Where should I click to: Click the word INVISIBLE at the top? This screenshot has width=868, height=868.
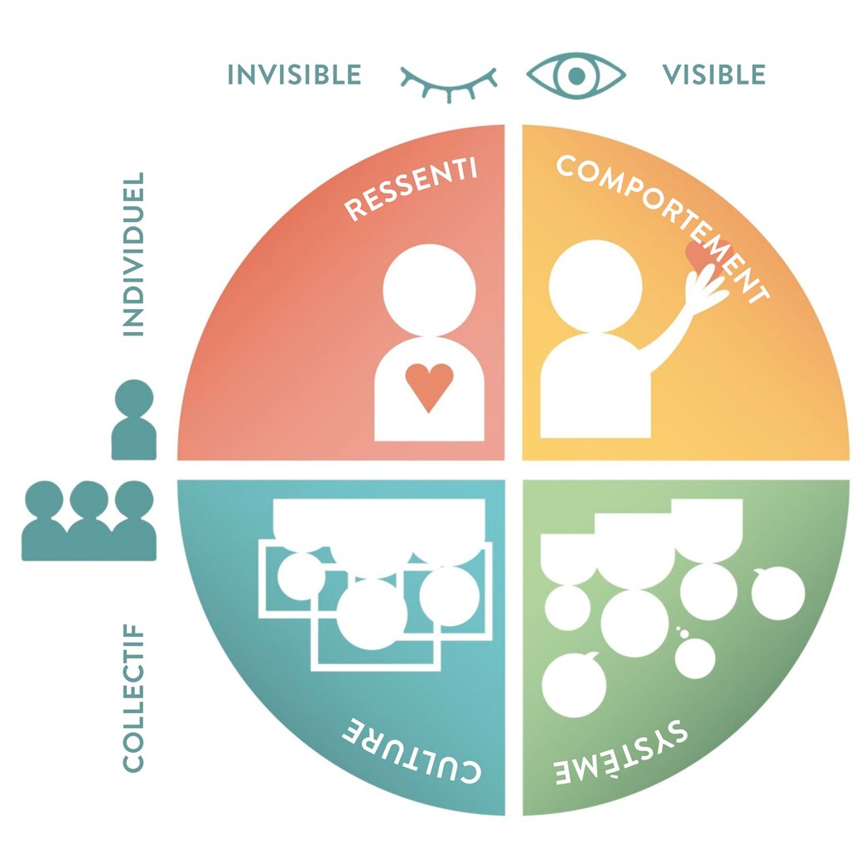pos(294,75)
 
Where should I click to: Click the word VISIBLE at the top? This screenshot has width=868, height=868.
pos(713,75)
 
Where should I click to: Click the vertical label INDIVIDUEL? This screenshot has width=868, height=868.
pos(133,253)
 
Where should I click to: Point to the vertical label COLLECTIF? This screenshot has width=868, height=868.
pos(133,698)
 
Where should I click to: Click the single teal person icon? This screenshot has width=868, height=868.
pos(133,419)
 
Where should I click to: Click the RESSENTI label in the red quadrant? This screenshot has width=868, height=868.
pos(411,190)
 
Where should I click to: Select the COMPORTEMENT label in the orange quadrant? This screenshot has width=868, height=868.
pos(663,224)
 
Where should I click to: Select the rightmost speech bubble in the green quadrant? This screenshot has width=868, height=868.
pos(778,591)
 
